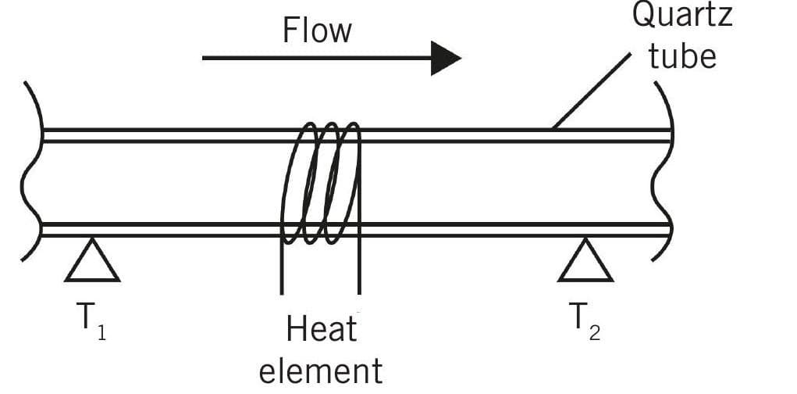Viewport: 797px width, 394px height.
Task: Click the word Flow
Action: point(317,30)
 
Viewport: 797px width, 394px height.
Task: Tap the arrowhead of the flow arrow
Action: point(446,58)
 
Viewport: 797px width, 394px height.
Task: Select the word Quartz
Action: point(682,16)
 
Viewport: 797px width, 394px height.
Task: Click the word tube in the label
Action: point(682,57)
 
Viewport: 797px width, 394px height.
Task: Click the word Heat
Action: point(321,330)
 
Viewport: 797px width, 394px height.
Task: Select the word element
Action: point(321,370)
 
